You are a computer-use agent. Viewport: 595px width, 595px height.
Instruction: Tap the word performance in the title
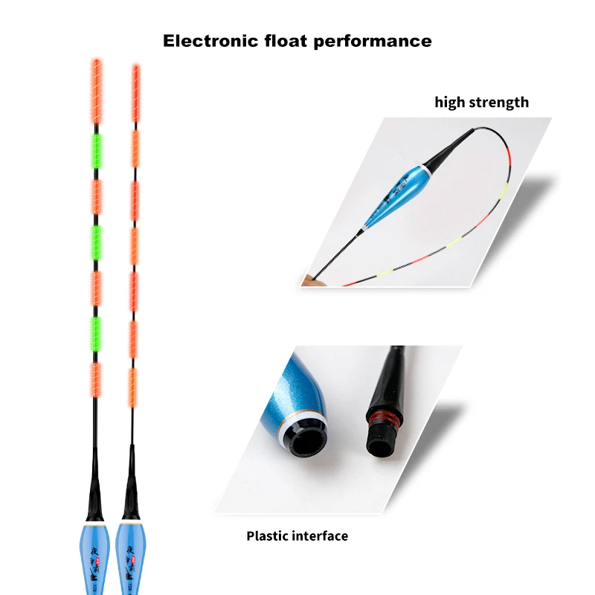pyautogui.click(x=374, y=41)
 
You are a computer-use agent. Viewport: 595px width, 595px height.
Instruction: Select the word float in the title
pyautogui.click(x=284, y=40)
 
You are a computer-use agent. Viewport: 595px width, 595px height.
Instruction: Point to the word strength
pyautogui.click(x=498, y=103)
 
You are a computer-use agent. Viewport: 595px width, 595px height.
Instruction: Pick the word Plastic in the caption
pyautogui.click(x=271, y=535)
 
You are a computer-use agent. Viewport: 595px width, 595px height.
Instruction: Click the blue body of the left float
pyautogui.click(x=95, y=558)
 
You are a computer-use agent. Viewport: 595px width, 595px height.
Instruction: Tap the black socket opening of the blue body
pyautogui.click(x=305, y=440)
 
